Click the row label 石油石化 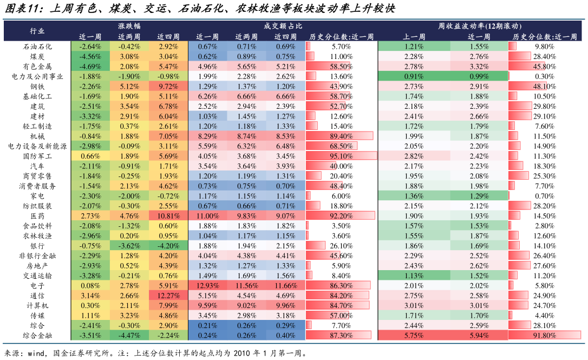click(x=37, y=47)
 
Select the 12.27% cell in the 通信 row click(x=168, y=296)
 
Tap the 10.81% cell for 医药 click(x=168, y=215)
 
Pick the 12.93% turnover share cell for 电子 click(x=207, y=285)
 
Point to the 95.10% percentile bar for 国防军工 click(x=341, y=156)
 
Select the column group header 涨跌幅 click(x=129, y=26)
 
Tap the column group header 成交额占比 click(x=283, y=26)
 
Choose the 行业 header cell click(x=37, y=31)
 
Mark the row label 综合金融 click(x=37, y=335)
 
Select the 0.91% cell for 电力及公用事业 click(x=414, y=76)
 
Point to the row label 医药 click(x=37, y=215)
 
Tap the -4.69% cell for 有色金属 click(x=90, y=66)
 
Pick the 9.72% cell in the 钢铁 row click(x=168, y=86)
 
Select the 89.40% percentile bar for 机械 click(x=341, y=136)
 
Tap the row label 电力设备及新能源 click(x=37, y=146)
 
